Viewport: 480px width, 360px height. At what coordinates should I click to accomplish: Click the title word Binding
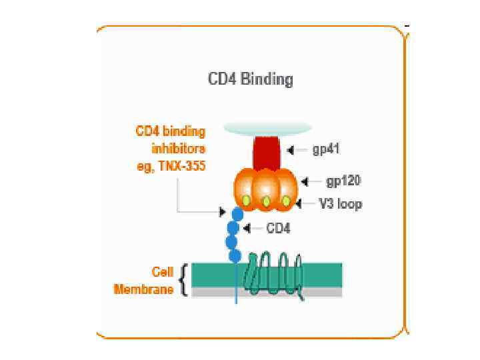click(x=267, y=79)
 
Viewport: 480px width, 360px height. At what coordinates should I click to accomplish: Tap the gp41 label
click(x=326, y=149)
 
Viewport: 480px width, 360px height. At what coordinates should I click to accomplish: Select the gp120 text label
click(x=343, y=181)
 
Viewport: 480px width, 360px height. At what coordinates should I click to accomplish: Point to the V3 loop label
click(x=340, y=203)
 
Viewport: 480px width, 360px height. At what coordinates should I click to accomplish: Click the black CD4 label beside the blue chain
click(x=279, y=228)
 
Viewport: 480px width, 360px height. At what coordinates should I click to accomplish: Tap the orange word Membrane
click(x=144, y=289)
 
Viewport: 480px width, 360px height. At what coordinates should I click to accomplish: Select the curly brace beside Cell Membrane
click(x=183, y=280)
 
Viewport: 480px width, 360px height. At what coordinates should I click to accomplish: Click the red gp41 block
click(x=267, y=151)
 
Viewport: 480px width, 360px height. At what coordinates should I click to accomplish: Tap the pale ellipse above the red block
click(x=267, y=127)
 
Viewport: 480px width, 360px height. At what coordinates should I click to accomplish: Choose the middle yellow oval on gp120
click(x=267, y=201)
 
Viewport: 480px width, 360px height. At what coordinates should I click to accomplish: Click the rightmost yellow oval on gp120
click(x=286, y=200)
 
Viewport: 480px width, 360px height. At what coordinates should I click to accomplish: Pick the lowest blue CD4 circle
click(x=235, y=255)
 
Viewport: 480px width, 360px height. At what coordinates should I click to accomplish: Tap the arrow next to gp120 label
click(x=308, y=181)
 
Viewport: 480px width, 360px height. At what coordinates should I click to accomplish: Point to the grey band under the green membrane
click(x=267, y=292)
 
